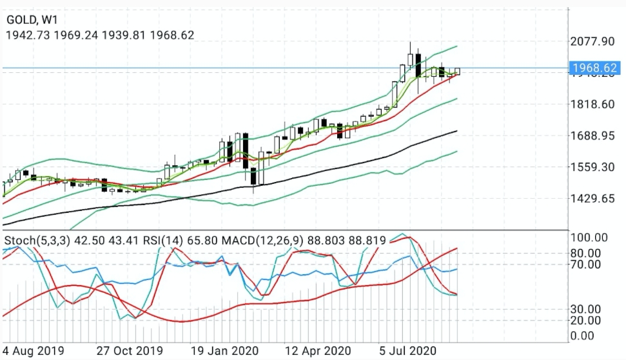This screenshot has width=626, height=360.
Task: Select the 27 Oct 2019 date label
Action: [130, 350]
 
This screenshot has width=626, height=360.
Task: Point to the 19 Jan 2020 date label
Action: [226, 350]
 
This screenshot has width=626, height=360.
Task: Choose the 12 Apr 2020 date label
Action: [319, 350]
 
